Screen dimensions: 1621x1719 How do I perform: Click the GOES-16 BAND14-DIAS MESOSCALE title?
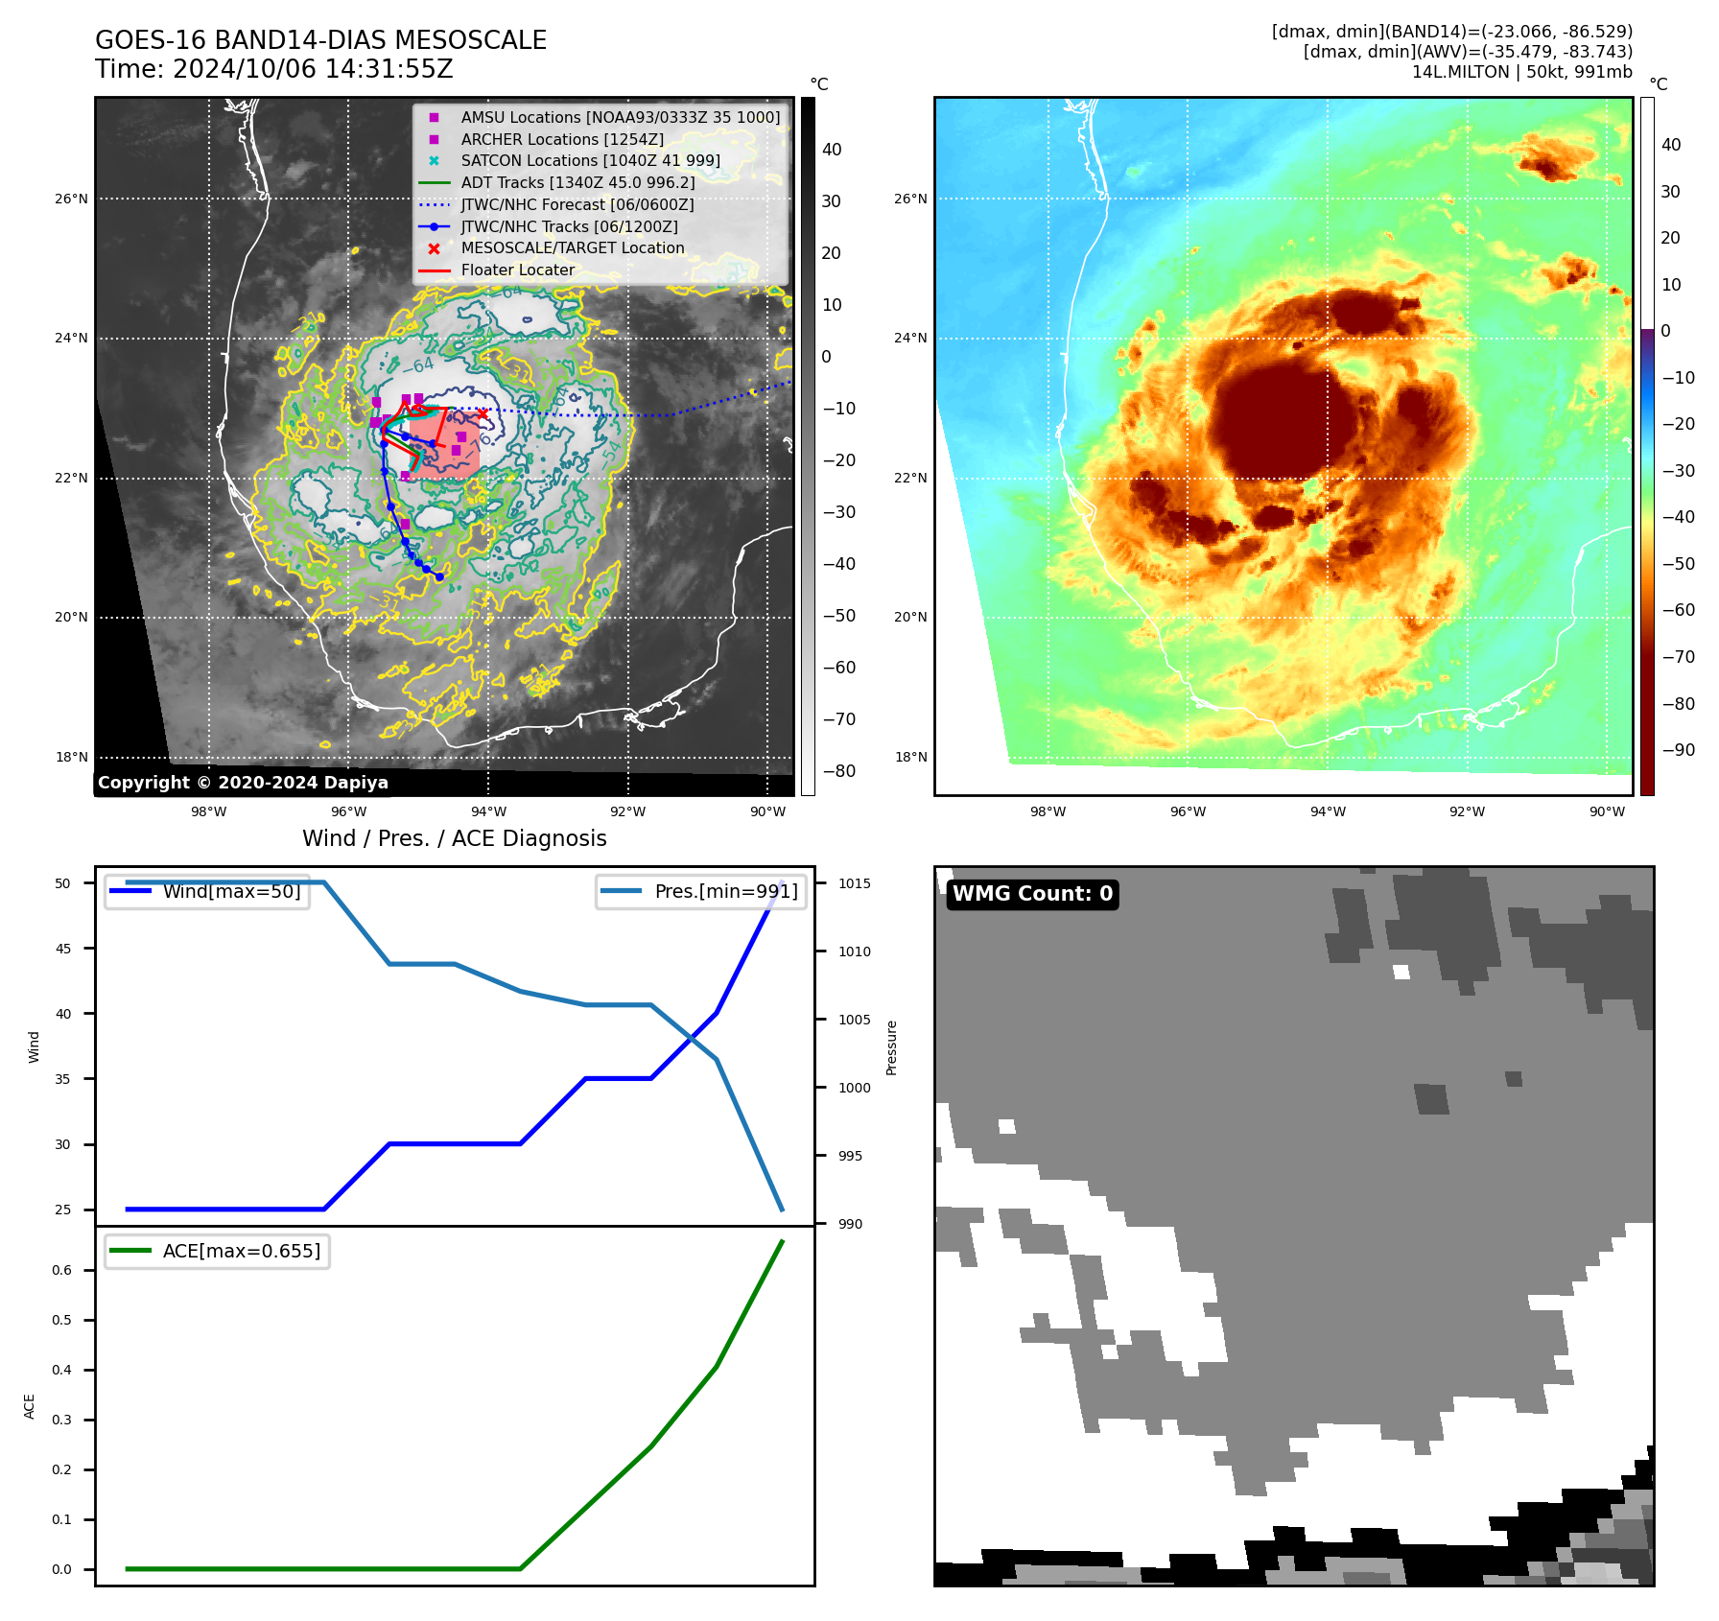[320, 40]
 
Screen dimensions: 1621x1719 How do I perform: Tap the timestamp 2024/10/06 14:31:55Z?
[273, 69]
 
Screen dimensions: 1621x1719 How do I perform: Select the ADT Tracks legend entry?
[577, 182]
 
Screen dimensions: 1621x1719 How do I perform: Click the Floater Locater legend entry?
[517, 270]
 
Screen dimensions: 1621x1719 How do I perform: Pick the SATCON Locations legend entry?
[590, 160]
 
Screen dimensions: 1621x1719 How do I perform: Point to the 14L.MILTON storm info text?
[1521, 72]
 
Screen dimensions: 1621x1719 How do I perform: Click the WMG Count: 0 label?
[1032, 894]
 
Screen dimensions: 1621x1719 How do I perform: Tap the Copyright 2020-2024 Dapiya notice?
[243, 783]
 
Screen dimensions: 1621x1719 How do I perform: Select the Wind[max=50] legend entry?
[231, 891]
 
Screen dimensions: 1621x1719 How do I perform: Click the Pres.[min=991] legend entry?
[725, 891]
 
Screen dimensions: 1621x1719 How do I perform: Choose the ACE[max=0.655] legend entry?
[241, 1251]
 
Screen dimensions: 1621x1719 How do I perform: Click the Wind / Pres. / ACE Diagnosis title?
[454, 838]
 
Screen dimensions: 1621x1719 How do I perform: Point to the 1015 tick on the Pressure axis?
[855, 883]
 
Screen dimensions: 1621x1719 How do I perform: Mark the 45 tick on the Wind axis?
[63, 949]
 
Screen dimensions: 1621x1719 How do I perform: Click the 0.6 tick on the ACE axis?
[61, 1270]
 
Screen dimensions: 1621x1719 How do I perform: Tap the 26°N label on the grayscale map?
[71, 200]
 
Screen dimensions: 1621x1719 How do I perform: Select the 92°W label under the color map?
[1467, 811]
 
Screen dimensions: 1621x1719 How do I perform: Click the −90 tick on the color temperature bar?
[1678, 750]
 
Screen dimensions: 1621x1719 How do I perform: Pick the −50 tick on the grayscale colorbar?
[838, 616]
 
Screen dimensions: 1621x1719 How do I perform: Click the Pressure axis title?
[891, 1047]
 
